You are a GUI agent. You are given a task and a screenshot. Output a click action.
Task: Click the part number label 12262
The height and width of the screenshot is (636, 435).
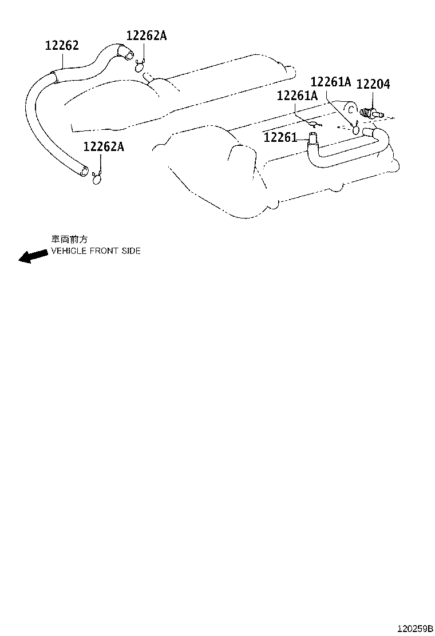click(62, 45)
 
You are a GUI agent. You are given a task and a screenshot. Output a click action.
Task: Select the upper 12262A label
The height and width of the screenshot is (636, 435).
click(147, 35)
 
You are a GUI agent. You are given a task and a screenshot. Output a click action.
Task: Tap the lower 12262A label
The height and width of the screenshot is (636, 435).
click(104, 146)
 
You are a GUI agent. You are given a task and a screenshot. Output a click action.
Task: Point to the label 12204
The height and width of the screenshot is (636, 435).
click(373, 84)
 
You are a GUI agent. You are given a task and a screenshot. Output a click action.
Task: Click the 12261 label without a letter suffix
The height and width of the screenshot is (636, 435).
click(280, 137)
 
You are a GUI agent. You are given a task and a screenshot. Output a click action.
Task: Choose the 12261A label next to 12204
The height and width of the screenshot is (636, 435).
click(331, 82)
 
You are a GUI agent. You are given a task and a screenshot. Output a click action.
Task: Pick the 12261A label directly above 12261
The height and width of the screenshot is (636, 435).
click(297, 96)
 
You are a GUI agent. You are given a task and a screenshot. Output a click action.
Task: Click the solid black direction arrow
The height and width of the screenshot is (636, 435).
click(33, 256)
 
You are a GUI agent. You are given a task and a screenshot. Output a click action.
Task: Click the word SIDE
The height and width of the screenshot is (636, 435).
click(131, 251)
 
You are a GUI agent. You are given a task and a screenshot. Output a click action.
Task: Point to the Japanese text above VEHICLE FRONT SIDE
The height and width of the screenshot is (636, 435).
click(69, 239)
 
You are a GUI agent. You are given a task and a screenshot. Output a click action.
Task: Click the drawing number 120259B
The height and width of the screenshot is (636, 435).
click(415, 629)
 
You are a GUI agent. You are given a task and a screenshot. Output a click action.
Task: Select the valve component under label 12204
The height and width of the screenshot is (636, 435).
click(371, 113)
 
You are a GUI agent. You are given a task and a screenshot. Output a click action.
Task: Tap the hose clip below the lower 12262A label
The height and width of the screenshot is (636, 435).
click(97, 178)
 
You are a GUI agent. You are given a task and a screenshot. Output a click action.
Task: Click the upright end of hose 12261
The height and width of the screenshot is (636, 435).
click(313, 138)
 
